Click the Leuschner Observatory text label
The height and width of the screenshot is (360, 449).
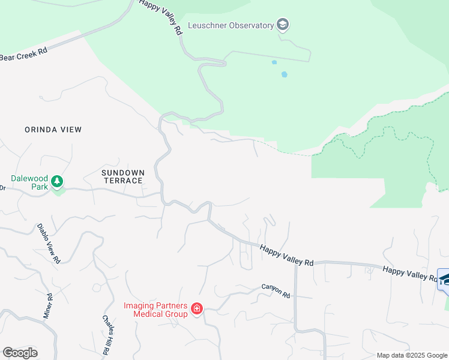point(231,25)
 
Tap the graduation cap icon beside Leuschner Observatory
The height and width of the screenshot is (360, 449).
point(283,25)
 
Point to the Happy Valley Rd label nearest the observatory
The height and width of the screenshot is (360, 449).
point(160,18)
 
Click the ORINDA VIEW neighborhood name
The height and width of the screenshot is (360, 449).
point(53,130)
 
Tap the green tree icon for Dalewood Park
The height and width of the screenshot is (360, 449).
point(58,181)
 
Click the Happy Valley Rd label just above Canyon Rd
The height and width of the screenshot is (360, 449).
point(287,255)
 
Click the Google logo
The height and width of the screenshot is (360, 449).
point(20,353)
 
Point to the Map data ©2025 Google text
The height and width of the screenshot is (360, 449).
point(412,355)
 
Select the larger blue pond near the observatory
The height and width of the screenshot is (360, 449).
point(284,75)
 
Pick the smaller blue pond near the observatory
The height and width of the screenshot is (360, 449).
point(274,62)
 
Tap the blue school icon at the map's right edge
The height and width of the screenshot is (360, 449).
point(444,280)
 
